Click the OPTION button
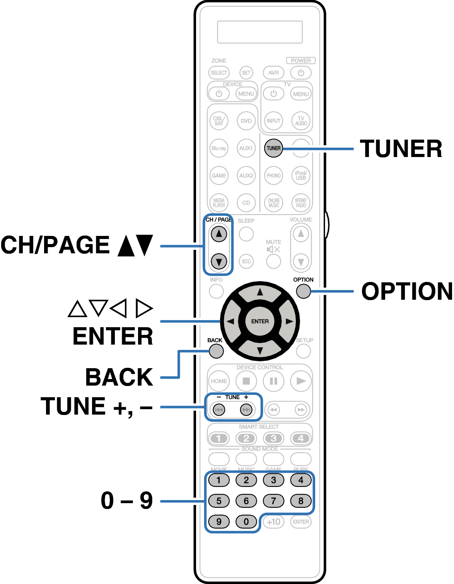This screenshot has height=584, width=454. (x=303, y=291)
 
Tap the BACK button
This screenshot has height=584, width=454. (x=216, y=351)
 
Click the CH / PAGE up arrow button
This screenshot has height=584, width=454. (x=219, y=234)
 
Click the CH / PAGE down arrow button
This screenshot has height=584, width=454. (x=219, y=261)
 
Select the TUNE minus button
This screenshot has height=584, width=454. (x=219, y=409)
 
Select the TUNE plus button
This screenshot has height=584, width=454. (x=246, y=409)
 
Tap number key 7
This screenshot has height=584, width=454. (x=273, y=501)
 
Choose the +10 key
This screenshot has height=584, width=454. (x=273, y=522)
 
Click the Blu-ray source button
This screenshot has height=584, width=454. (x=219, y=148)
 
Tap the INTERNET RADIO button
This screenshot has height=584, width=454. (x=301, y=203)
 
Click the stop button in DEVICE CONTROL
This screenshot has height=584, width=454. (x=246, y=381)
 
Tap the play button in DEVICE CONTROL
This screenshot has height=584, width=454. (x=301, y=381)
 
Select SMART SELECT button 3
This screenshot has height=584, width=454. (x=273, y=438)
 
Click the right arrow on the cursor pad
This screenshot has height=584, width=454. (x=288, y=321)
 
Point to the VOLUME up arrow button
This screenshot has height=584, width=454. (x=301, y=234)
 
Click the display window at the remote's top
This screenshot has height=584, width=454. (x=260, y=32)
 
